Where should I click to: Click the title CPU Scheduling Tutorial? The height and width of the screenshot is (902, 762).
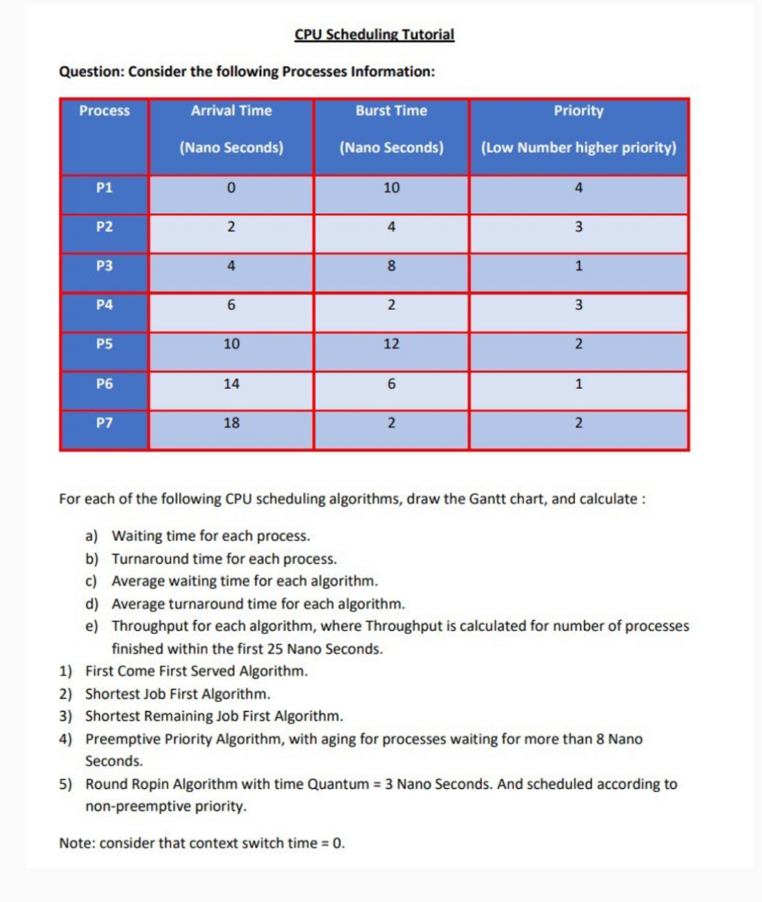tap(374, 34)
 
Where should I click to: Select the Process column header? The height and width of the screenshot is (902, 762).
tap(104, 110)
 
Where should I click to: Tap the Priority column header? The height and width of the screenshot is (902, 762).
tap(578, 110)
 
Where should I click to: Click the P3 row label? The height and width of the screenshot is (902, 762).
tap(104, 266)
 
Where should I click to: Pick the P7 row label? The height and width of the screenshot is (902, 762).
tap(104, 423)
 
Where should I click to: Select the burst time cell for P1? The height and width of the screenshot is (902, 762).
tap(391, 187)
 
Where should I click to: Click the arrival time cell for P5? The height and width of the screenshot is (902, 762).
tap(231, 344)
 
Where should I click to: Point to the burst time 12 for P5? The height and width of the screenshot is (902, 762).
tap(391, 344)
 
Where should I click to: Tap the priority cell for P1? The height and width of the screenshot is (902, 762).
tap(578, 187)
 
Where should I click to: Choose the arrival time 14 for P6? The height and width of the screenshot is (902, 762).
tap(231, 383)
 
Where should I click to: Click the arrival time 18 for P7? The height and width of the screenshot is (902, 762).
tap(231, 423)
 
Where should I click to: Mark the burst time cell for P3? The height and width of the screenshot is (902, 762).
tap(391, 266)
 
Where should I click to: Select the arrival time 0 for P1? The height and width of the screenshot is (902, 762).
tap(231, 187)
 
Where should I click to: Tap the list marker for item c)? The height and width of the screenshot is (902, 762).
tap(91, 581)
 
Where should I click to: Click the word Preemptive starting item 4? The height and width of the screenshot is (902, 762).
tap(119, 739)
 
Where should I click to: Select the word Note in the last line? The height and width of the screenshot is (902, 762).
tap(76, 843)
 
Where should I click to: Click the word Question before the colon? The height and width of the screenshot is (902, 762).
tap(90, 72)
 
